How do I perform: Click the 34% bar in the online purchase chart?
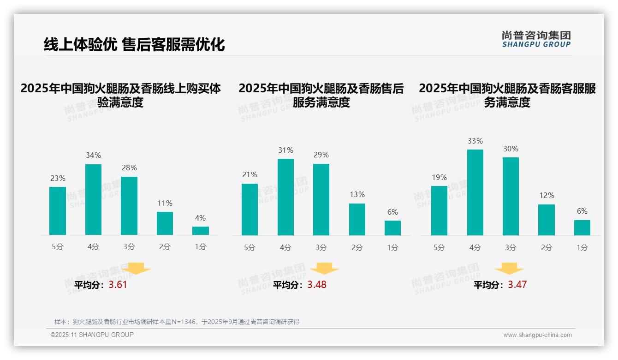(x=93, y=199)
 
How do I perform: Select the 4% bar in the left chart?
(x=201, y=231)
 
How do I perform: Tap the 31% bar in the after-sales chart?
(x=285, y=197)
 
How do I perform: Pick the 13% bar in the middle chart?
(x=357, y=219)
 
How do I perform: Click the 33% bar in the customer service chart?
(x=475, y=192)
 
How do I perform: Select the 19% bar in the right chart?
(x=439, y=210)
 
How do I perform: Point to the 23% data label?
(x=58, y=178)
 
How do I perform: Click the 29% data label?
(x=321, y=155)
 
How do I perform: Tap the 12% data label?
(x=547, y=196)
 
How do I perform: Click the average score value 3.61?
(x=118, y=285)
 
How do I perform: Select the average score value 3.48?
(x=317, y=285)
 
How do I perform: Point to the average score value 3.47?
(x=517, y=285)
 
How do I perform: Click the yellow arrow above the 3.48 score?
(x=324, y=268)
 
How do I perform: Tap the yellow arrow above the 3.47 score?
(x=509, y=268)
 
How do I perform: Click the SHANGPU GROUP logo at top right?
(x=536, y=39)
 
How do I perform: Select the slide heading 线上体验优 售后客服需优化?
(x=134, y=45)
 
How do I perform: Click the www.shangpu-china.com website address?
(x=537, y=335)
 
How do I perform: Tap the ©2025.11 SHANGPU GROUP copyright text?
(x=92, y=335)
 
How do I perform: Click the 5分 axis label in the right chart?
(x=439, y=247)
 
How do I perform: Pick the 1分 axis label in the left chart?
(x=201, y=246)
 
